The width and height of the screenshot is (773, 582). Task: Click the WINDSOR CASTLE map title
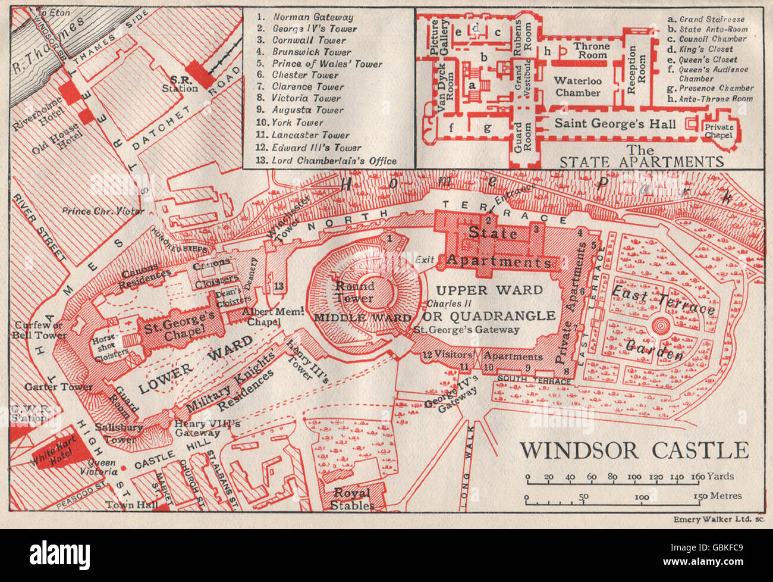[x=634, y=450]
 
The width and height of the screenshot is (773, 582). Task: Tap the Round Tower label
[x=355, y=292]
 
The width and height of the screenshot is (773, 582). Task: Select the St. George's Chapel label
[x=178, y=326]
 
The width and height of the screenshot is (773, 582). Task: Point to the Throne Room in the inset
[x=591, y=51]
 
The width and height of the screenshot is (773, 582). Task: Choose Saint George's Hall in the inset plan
[x=614, y=124]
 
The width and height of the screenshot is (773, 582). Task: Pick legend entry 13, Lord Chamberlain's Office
[x=327, y=160]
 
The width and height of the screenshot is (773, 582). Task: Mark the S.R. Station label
[x=183, y=84]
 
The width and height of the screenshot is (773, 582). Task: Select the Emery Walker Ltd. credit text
[x=718, y=519]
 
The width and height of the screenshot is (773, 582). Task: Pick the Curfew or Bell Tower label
[x=37, y=330]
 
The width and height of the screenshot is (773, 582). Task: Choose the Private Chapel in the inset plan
[x=719, y=131]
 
